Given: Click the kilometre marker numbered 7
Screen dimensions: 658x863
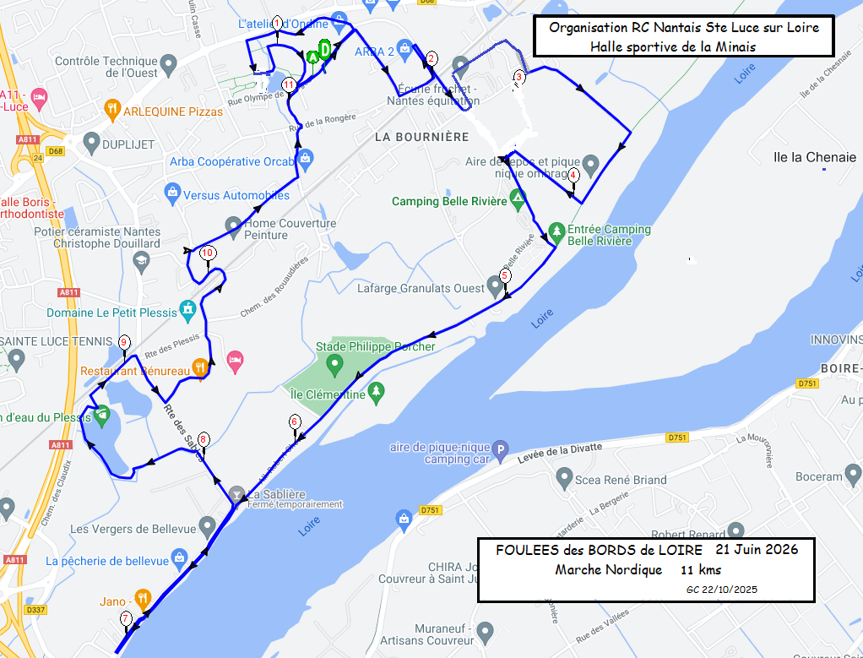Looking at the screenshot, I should pyautogui.click(x=126, y=618).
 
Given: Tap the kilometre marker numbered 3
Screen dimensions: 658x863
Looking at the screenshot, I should pyautogui.click(x=518, y=77).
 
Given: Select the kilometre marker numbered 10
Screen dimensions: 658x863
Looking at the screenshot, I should pyautogui.click(x=208, y=253).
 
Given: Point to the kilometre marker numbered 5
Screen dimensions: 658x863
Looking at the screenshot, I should pyautogui.click(x=505, y=275).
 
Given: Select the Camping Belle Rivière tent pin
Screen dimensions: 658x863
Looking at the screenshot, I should pyautogui.click(x=518, y=200).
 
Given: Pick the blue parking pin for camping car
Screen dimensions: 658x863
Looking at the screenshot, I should pyautogui.click(x=502, y=451).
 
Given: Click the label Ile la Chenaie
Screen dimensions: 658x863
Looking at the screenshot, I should pyautogui.click(x=808, y=157).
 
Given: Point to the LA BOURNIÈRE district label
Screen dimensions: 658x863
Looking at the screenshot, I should pyautogui.click(x=421, y=136).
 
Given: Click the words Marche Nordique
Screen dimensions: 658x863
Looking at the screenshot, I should pyautogui.click(x=608, y=570).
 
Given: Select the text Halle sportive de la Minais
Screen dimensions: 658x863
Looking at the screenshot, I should pyautogui.click(x=672, y=46).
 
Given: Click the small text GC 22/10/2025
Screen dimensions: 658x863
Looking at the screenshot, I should pyautogui.click(x=721, y=589).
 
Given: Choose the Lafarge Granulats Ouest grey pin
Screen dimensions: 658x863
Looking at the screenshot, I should pyautogui.click(x=496, y=285).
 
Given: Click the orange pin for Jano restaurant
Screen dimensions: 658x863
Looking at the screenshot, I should pyautogui.click(x=143, y=599).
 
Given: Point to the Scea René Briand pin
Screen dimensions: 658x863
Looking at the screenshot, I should pyautogui.click(x=564, y=479).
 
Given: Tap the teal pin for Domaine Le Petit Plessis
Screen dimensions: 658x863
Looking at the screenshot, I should pyautogui.click(x=187, y=310).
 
